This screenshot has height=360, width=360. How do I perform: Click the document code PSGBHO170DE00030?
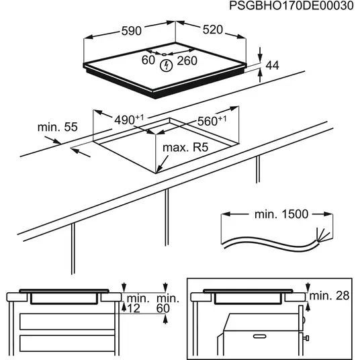pyautogui.click(x=290, y=6)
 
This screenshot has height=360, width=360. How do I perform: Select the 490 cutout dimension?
pyautogui.click(x=128, y=120)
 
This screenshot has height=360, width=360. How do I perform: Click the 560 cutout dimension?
pyautogui.click(x=211, y=122)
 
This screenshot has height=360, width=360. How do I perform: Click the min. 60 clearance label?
pyautogui.click(x=168, y=303)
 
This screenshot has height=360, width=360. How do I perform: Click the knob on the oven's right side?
pyautogui.click(x=304, y=334)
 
